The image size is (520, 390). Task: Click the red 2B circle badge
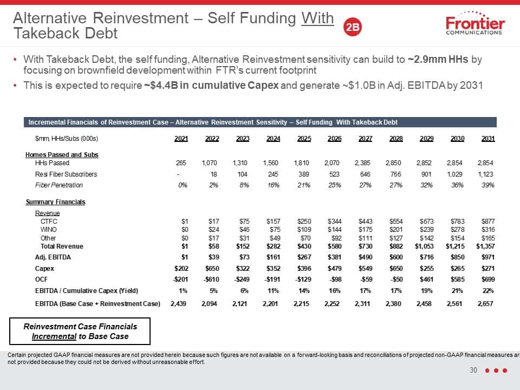tap(352, 27)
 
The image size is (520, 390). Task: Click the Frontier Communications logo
tap(475, 23)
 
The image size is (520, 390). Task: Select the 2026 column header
tap(334, 139)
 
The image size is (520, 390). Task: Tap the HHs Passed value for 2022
tap(209, 163)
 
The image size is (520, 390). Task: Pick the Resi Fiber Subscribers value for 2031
tap(485, 174)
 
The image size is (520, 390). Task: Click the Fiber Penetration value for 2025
tap(304, 185)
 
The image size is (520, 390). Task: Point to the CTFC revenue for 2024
tap(273, 221)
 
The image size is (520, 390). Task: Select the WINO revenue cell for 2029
tap(426, 230)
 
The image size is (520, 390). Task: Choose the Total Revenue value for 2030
tap(455, 246)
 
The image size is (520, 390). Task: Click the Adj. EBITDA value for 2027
tap(366, 257)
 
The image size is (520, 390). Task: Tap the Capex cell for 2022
tap(212, 268)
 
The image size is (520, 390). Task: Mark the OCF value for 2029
tap(426, 279)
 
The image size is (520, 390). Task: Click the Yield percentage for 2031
tap(488, 290)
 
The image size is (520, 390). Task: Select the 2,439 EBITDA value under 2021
tap(178, 303)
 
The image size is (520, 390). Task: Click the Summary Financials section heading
tap(55, 202)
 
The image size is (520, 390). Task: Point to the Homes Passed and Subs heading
tap(62, 154)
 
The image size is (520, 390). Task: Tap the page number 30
tap(473, 370)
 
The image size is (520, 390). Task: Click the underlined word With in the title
tap(317, 18)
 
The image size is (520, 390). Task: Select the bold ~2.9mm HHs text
tap(438, 59)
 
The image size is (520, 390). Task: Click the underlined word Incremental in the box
tap(54, 336)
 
